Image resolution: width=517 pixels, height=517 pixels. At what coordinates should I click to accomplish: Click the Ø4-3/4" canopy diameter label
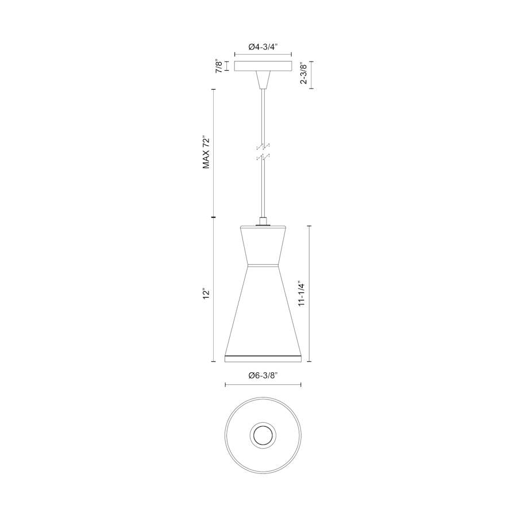pyautogui.click(x=263, y=46)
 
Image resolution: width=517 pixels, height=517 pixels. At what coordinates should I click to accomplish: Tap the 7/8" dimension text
pyautogui.click(x=219, y=66)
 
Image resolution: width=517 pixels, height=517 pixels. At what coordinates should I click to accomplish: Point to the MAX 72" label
pyautogui.click(x=207, y=153)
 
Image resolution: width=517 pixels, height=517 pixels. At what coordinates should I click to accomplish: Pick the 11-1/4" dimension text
pyautogui.click(x=303, y=294)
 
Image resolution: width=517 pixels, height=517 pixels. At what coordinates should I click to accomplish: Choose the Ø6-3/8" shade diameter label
pyautogui.click(x=263, y=375)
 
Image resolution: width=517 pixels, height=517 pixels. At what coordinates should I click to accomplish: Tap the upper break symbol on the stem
pyautogui.click(x=263, y=146)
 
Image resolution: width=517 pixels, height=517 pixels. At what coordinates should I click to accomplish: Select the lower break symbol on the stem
pyautogui.click(x=263, y=156)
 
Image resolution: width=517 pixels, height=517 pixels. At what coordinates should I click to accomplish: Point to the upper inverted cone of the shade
pyautogui.click(x=263, y=244)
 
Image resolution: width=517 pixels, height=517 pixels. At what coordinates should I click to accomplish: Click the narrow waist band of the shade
pyautogui.click(x=263, y=265)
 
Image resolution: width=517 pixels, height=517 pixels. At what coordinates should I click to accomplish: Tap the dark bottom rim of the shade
pyautogui.click(x=263, y=359)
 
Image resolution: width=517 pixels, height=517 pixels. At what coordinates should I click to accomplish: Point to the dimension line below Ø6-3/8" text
pyautogui.click(x=263, y=385)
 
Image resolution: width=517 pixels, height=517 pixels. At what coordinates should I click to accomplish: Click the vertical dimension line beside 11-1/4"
pyautogui.click(x=311, y=294)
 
